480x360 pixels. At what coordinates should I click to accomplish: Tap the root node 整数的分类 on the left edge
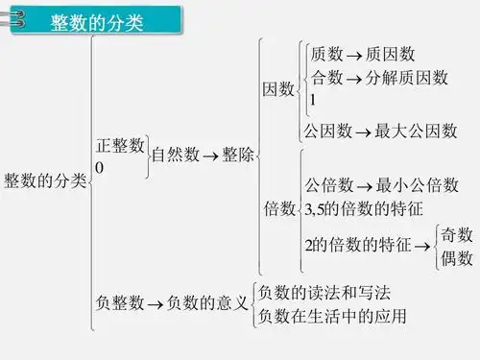(44, 180)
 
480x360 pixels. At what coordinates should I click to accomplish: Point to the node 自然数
(175, 156)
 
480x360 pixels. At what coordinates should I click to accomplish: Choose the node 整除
(238, 156)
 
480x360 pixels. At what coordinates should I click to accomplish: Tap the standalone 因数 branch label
(278, 89)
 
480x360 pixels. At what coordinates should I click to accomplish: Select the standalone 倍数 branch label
(279, 209)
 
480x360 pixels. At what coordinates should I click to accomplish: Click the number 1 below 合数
(312, 99)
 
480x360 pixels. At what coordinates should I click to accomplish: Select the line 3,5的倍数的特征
(364, 208)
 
